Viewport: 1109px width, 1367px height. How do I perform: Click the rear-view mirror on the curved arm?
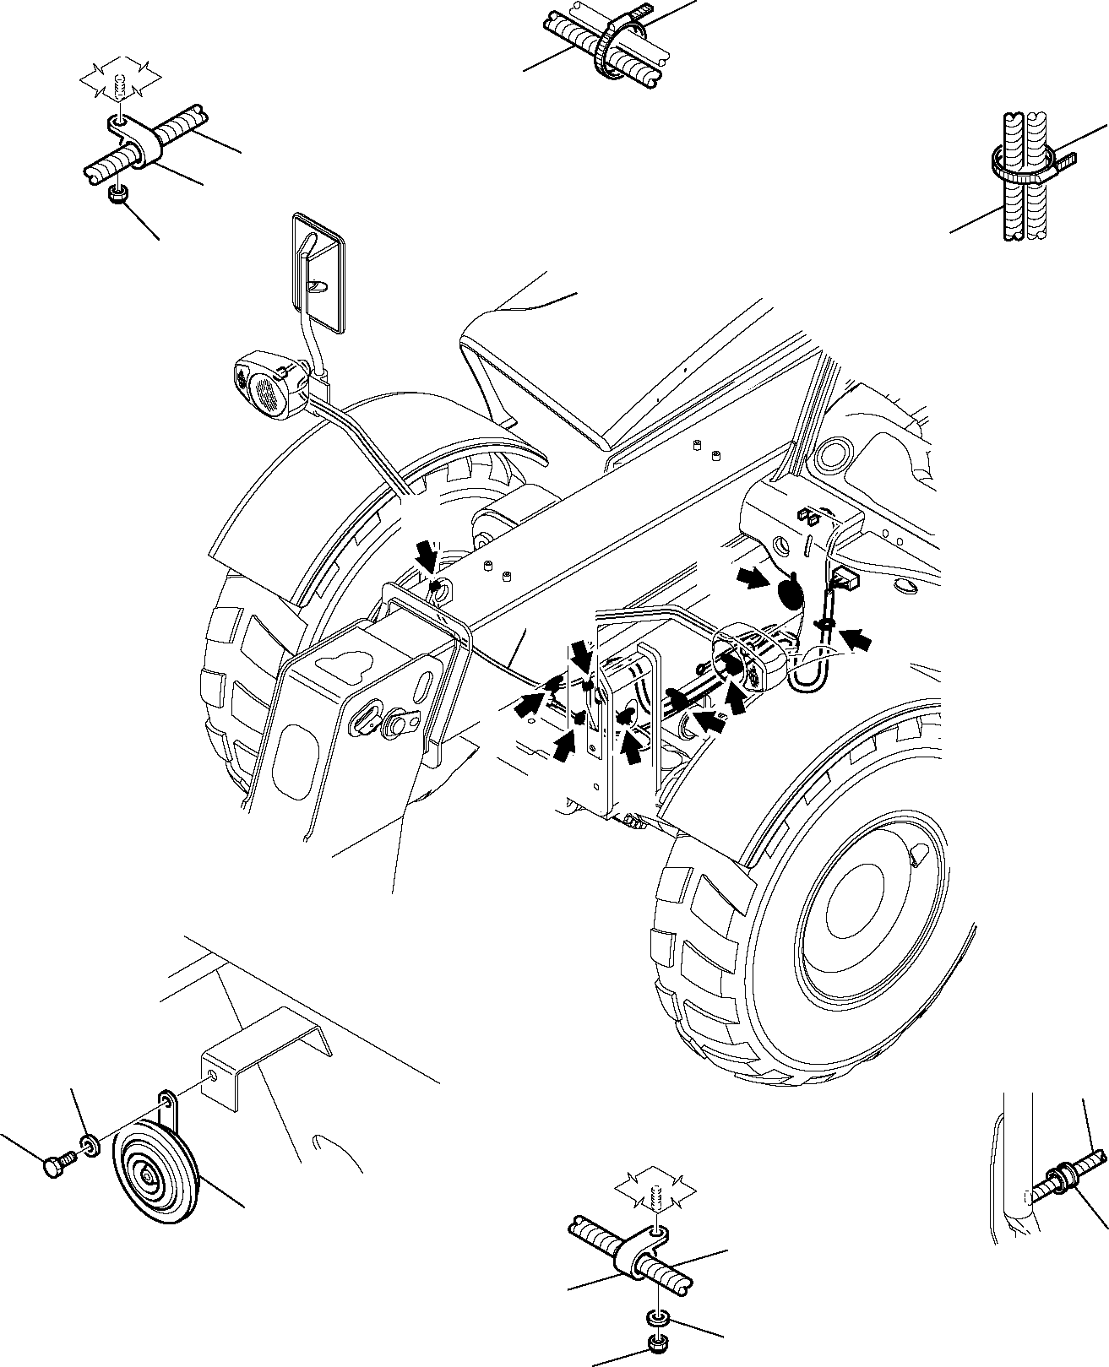coord(318,273)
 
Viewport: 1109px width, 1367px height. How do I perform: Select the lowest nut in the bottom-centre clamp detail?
coord(655,1344)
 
